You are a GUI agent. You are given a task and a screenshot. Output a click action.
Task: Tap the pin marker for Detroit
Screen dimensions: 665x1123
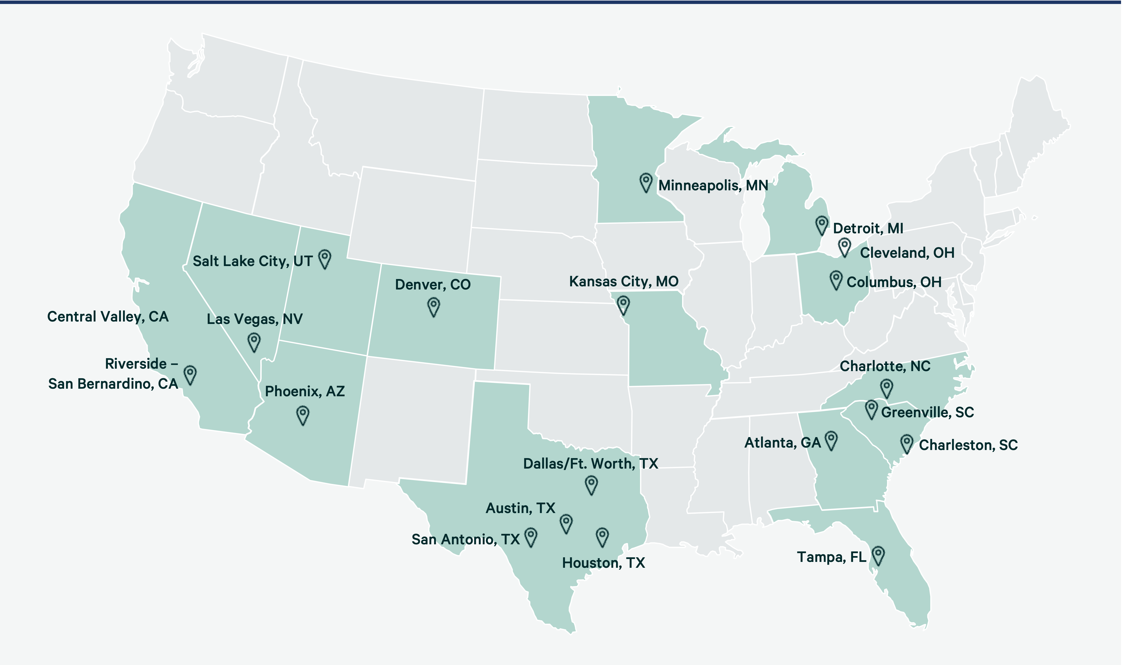pyautogui.click(x=822, y=225)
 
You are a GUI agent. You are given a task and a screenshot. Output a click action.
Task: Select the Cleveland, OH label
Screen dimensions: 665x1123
pyautogui.click(x=907, y=253)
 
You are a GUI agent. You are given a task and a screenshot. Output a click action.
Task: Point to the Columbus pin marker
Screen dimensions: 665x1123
pyautogui.click(x=836, y=280)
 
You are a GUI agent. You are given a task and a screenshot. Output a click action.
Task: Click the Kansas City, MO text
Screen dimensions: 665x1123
pyautogui.click(x=623, y=281)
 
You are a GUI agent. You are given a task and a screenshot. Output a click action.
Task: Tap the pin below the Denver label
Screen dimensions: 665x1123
pyautogui.click(x=433, y=307)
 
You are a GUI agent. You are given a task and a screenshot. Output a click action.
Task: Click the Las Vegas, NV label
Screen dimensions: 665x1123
pyautogui.click(x=254, y=319)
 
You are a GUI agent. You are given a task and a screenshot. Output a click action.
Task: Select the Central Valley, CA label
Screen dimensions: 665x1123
pyautogui.click(x=108, y=317)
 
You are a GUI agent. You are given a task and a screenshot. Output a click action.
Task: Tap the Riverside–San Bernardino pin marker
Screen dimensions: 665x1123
pyautogui.click(x=190, y=375)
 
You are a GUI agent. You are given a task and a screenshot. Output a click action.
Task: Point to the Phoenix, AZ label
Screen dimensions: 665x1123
pyautogui.click(x=304, y=391)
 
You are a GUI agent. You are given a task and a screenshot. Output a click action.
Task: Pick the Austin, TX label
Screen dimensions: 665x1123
pyautogui.click(x=520, y=508)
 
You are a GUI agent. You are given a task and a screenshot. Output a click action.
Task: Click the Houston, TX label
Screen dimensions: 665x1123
pyautogui.click(x=603, y=563)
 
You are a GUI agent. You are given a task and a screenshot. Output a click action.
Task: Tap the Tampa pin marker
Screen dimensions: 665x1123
pyautogui.click(x=878, y=555)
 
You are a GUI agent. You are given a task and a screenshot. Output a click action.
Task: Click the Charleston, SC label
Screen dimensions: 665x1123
pyautogui.click(x=968, y=445)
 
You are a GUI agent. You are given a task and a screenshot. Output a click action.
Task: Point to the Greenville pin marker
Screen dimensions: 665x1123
pyautogui.click(x=871, y=409)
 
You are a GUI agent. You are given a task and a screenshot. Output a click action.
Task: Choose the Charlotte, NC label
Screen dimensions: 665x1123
pyautogui.click(x=885, y=366)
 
